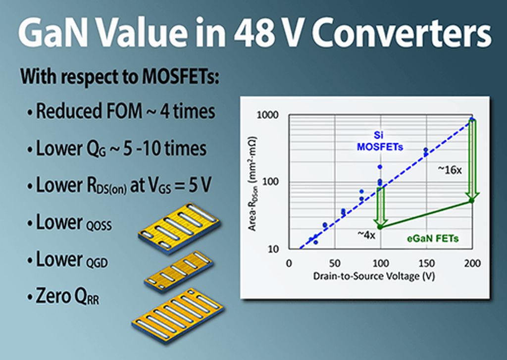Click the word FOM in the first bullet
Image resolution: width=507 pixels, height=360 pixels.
pyautogui.click(x=124, y=111)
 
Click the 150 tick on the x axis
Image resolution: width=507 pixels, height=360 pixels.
pyautogui.click(x=426, y=263)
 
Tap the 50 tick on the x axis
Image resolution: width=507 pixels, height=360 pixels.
pyautogui.click(x=335, y=263)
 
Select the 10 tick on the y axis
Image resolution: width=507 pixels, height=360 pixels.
pyautogui.click(x=273, y=249)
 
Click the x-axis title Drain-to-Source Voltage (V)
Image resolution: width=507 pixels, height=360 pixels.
pyautogui.click(x=374, y=276)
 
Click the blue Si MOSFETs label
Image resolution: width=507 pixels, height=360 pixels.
pyautogui.click(x=380, y=141)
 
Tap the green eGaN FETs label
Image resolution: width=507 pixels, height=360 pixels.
pyautogui.click(x=433, y=239)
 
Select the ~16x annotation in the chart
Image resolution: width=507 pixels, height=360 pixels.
pyautogui.click(x=450, y=170)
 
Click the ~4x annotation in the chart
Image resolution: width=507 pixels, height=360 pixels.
pyautogui.click(x=366, y=235)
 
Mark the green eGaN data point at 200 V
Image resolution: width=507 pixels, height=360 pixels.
pyautogui.click(x=471, y=201)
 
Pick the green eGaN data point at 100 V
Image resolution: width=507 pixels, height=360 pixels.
pyautogui.click(x=380, y=227)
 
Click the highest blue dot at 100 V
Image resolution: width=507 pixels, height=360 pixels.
pyautogui.click(x=380, y=167)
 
